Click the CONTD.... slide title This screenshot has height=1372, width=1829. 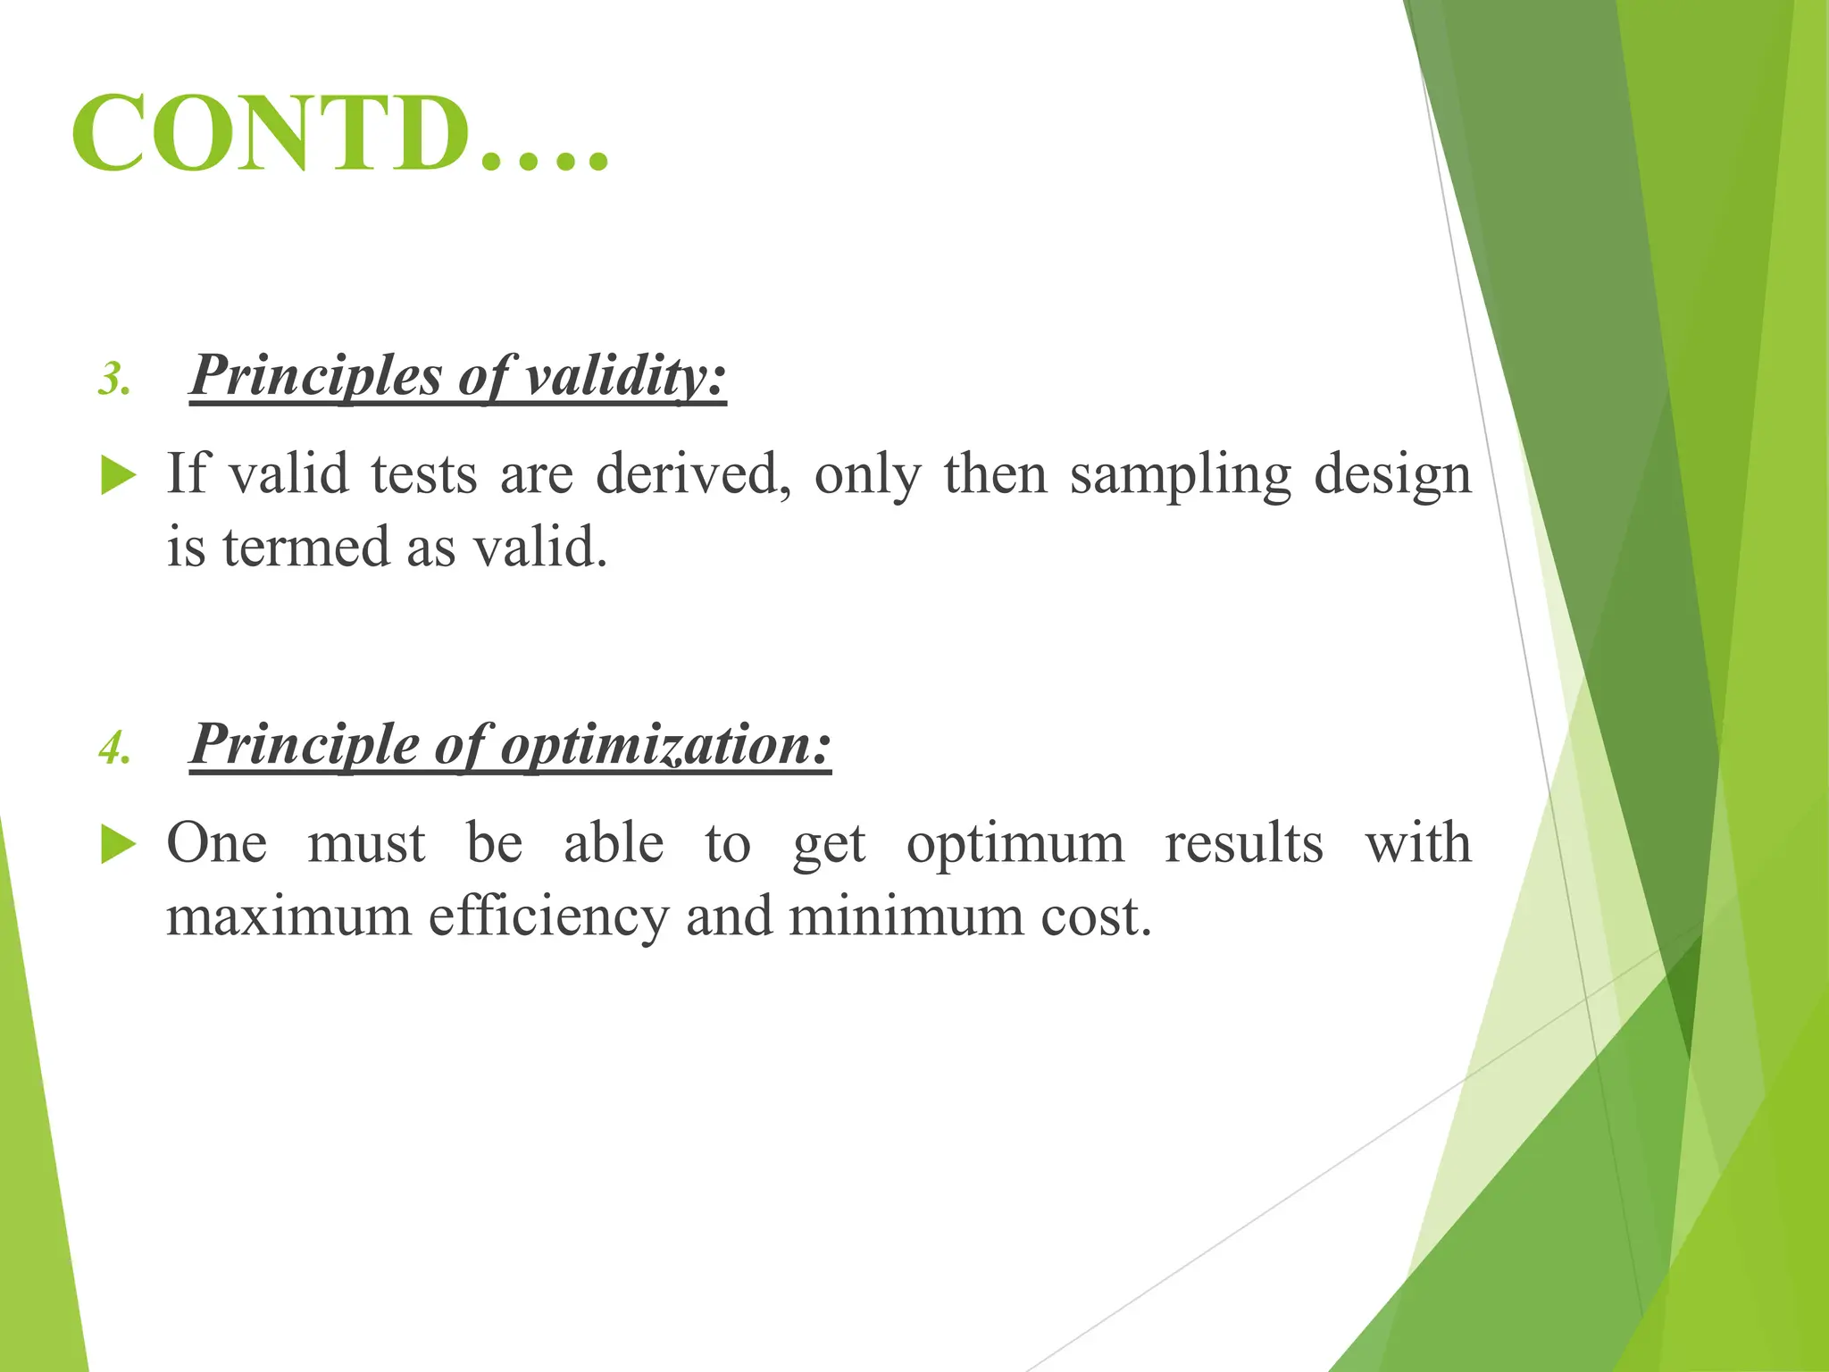click(339, 134)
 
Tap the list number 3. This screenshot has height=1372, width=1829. click(114, 380)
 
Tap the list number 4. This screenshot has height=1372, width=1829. click(114, 749)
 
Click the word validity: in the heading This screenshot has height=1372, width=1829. click(625, 375)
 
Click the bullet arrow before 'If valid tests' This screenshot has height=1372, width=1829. click(118, 475)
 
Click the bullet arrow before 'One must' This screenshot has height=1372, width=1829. click(118, 844)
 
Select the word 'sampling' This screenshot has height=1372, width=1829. click(1181, 475)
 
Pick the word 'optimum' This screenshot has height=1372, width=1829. click(1015, 844)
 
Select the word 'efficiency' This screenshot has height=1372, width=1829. click(547, 917)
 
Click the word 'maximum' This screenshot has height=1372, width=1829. click(288, 917)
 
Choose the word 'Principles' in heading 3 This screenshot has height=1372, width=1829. click(316, 375)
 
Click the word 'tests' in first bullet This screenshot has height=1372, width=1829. click(424, 474)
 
